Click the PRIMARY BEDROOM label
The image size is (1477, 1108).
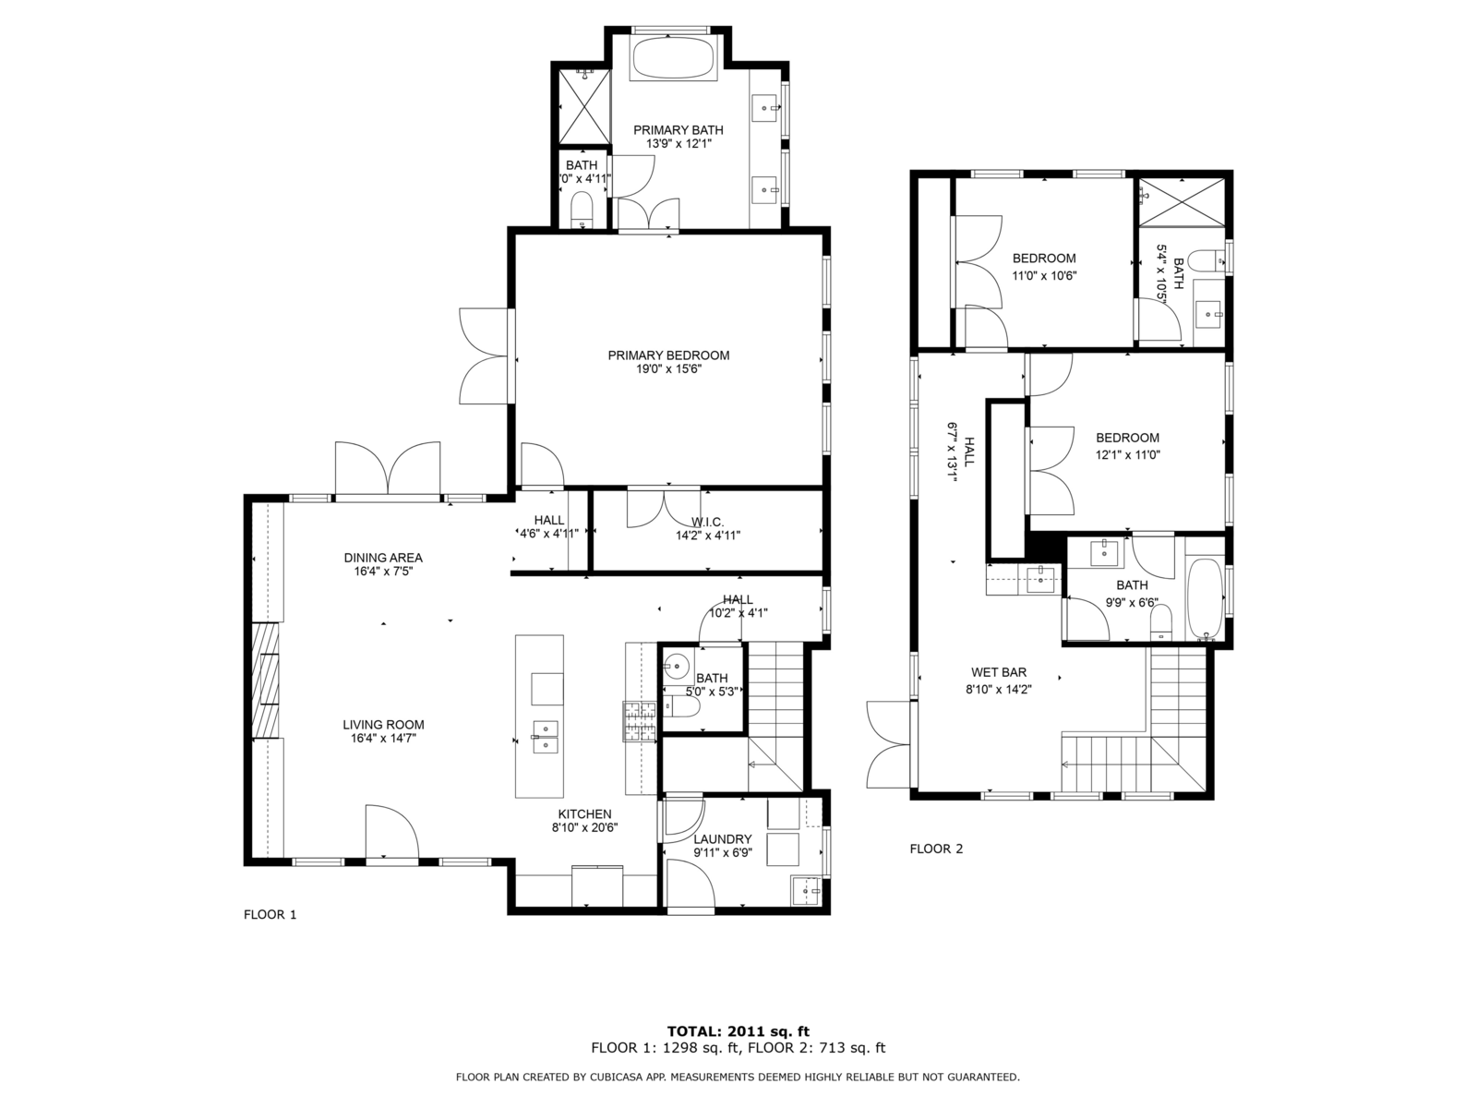click(x=668, y=355)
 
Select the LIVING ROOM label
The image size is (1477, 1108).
click(x=383, y=725)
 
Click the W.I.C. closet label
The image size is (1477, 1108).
click(x=707, y=522)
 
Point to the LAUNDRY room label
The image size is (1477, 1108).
click(x=722, y=839)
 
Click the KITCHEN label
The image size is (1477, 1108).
click(x=584, y=814)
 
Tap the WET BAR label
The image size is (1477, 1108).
click(x=999, y=672)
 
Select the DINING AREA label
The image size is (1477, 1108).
click(x=383, y=558)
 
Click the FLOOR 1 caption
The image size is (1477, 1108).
click(x=270, y=914)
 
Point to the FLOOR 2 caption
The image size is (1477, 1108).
click(x=936, y=849)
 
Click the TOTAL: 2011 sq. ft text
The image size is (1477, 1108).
click(x=738, y=1031)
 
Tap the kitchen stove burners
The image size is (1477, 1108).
click(x=639, y=722)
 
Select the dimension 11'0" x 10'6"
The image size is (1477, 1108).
click(x=1044, y=275)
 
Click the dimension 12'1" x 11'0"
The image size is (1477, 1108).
click(x=1128, y=455)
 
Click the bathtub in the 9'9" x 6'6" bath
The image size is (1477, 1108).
click(x=1205, y=598)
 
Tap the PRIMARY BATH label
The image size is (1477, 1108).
click(x=678, y=130)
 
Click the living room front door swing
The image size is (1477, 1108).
click(x=391, y=832)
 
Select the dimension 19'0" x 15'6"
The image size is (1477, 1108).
click(x=669, y=369)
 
